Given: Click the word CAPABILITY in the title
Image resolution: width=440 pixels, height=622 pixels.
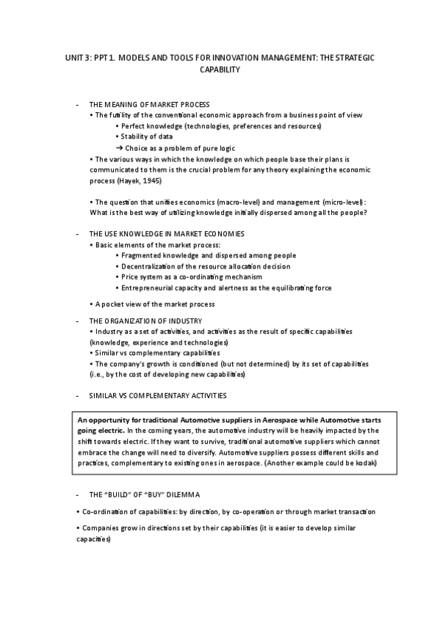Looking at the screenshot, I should point(220,70).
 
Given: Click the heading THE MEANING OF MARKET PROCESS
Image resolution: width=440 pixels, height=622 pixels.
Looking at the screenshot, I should point(148,104).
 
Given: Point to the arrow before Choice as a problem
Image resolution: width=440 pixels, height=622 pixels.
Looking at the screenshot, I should point(119,147).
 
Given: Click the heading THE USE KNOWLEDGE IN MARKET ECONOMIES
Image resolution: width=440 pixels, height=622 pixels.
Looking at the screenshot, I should point(166,233).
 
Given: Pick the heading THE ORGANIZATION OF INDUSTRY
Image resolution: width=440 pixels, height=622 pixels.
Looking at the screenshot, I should point(145,321).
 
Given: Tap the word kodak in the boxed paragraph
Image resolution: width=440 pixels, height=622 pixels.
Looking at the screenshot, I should point(365,464).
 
